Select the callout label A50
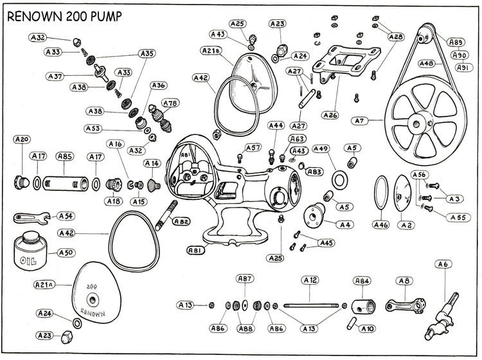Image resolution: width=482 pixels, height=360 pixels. tap(66, 253)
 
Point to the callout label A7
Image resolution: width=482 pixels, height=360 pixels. tap(359, 120)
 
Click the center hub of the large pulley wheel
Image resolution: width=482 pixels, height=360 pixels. tap(421, 122)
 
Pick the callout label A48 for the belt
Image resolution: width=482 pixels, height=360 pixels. tap(427, 64)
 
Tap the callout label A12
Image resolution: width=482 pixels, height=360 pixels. tap(310, 280)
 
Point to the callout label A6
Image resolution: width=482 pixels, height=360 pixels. tap(443, 264)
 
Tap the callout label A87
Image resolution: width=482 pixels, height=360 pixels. tap(245, 278)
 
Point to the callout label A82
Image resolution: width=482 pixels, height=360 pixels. tap(181, 221)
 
